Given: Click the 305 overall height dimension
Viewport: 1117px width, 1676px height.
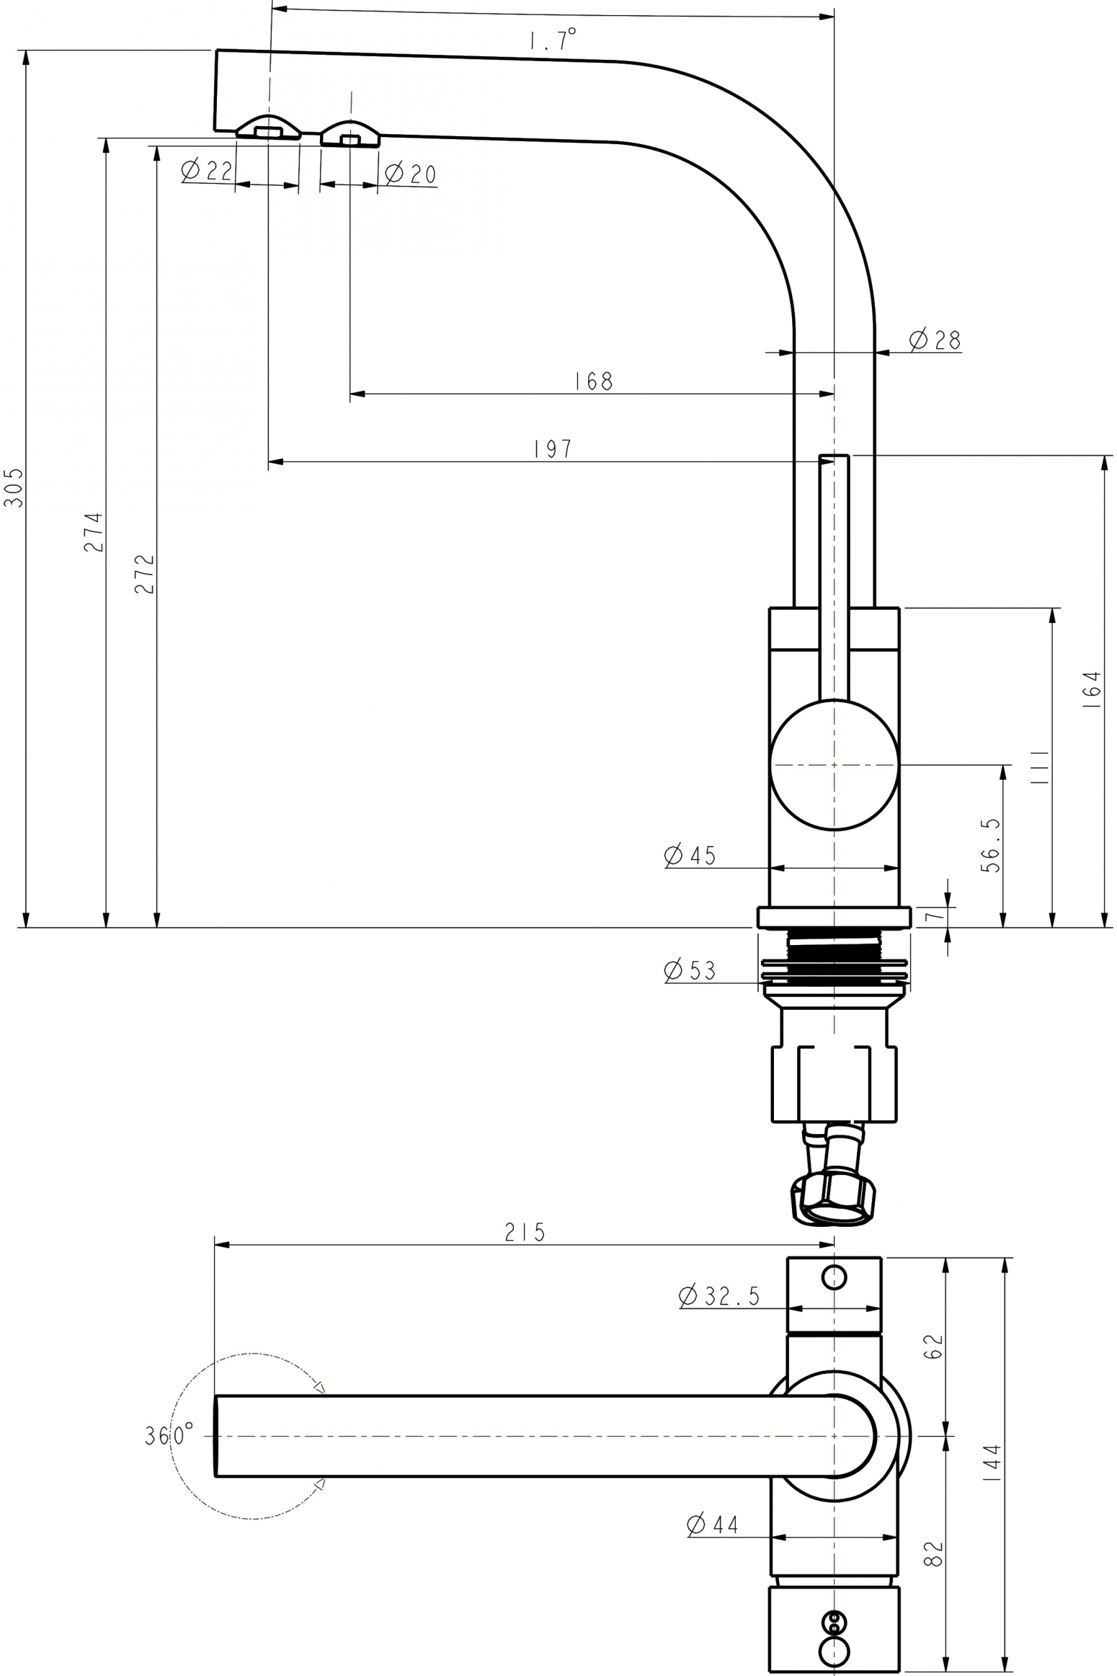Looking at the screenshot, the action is [x=14, y=487].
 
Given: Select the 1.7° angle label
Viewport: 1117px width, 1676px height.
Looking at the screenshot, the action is [x=553, y=39].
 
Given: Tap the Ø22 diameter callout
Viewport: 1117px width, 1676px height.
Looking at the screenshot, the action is [x=208, y=171].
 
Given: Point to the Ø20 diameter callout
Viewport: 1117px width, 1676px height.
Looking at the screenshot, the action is [x=410, y=174].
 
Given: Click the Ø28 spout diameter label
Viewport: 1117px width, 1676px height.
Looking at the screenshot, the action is [x=935, y=340].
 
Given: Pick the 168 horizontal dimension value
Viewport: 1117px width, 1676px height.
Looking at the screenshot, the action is [x=594, y=381].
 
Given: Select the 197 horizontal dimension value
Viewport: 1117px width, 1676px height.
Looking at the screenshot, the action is [x=553, y=449].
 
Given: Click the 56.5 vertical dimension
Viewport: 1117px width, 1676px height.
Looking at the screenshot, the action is [x=992, y=846].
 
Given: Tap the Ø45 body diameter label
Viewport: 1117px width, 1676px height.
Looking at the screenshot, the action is [x=690, y=855].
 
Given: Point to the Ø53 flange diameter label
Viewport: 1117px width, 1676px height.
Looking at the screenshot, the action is [x=690, y=970].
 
